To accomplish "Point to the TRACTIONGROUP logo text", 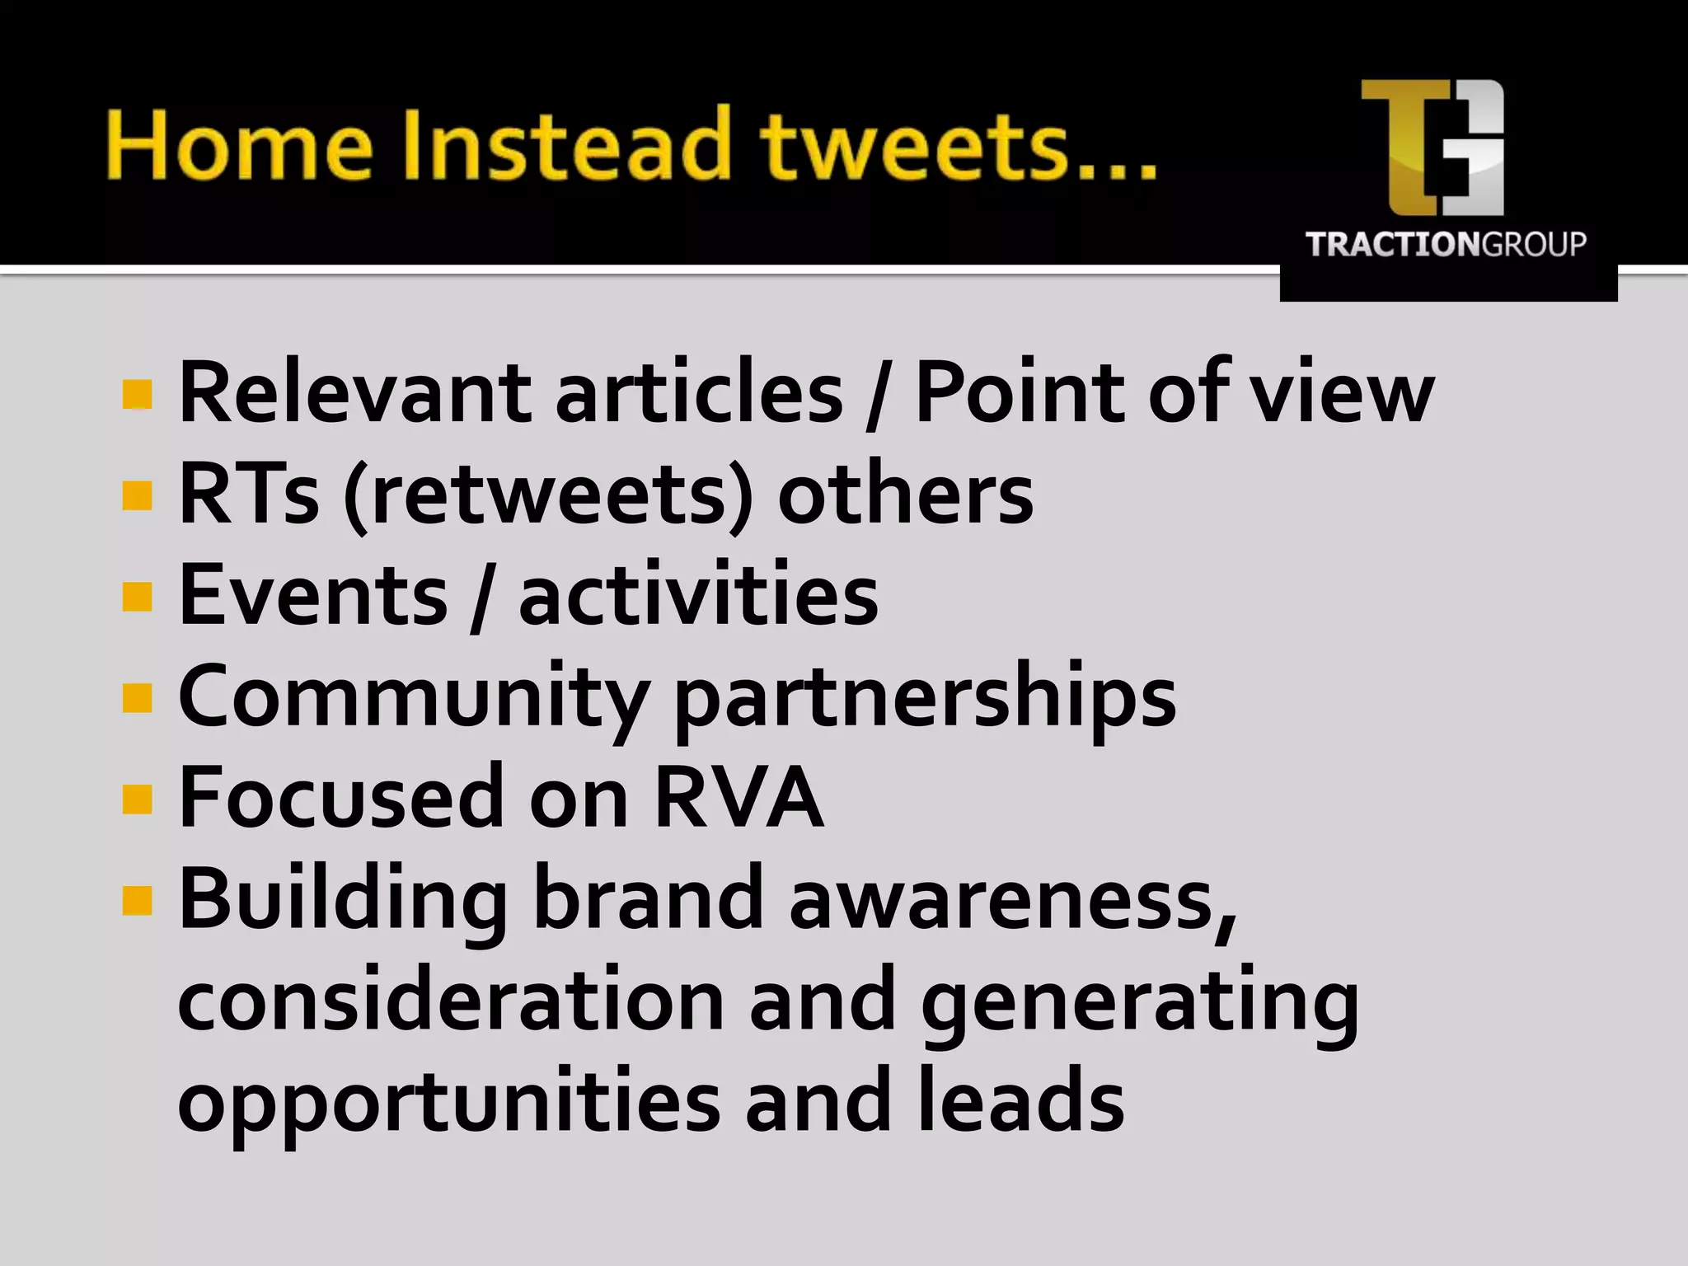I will point(1446,245).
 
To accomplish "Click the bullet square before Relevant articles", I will point(137,395).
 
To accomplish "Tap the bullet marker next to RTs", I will point(137,495).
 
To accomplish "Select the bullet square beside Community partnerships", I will point(137,697).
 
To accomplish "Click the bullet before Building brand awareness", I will point(137,901).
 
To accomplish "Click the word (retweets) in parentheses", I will point(548,495).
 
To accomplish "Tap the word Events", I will point(313,595).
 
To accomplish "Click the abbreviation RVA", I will point(739,798).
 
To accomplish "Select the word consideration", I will point(450,1001).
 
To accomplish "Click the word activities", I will point(698,595).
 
